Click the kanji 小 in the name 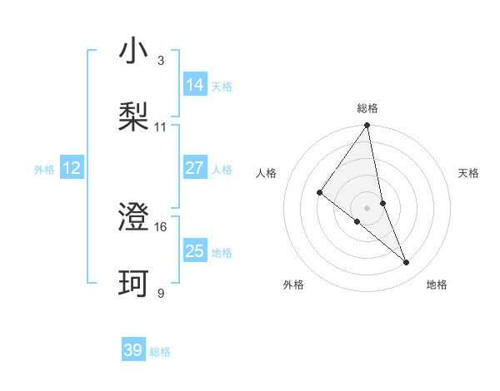(134, 52)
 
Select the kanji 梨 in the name (134, 117)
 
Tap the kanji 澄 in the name (134, 218)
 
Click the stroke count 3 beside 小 (160, 61)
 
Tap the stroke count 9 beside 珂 (160, 293)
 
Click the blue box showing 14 (195, 85)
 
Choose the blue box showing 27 (195, 168)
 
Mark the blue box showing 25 (195, 251)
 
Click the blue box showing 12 (72, 168)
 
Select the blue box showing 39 (133, 350)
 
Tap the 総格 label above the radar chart (367, 108)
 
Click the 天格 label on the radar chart (468, 173)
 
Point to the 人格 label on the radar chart (267, 173)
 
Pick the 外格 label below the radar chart (293, 285)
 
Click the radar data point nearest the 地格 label (407, 262)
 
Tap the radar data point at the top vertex (367, 126)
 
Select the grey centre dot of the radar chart (367, 207)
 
